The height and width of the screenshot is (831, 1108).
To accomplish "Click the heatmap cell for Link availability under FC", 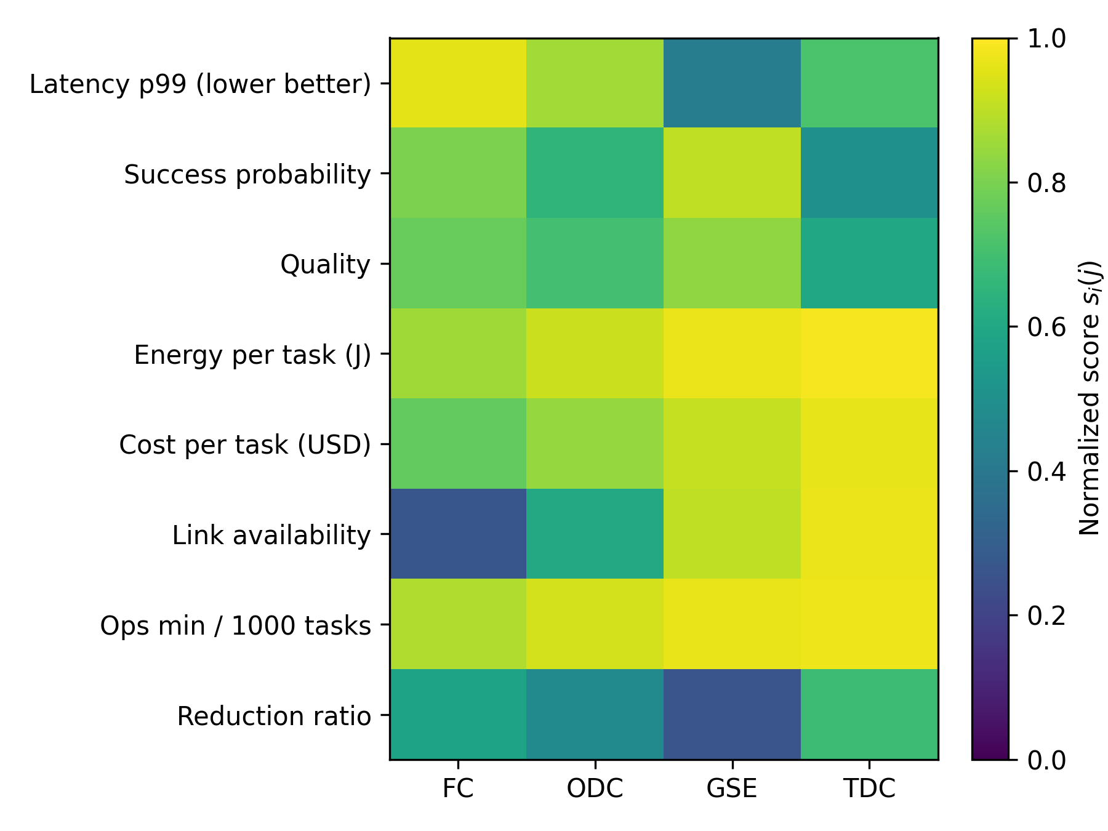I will [458, 534].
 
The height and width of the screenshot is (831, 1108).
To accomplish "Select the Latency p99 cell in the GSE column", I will [732, 83].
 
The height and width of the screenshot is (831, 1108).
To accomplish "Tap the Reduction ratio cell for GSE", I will [732, 714].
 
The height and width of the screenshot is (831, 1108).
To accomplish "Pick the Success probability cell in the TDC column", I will [869, 173].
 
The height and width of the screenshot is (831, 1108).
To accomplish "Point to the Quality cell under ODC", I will [595, 263].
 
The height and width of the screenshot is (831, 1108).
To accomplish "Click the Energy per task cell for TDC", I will [869, 353].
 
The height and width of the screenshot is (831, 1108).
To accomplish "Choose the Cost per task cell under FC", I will [458, 444].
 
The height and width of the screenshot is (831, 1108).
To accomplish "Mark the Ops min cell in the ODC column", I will [595, 624].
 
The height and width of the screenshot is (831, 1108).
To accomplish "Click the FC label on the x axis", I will [458, 789].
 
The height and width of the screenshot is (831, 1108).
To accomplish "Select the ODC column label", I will [595, 789].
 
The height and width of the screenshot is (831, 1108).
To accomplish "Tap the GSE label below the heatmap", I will [732, 789].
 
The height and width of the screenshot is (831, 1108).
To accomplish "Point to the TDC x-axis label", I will [869, 789].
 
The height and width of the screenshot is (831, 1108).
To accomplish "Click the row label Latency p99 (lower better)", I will [200, 84].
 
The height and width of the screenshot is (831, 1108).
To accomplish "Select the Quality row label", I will [326, 265].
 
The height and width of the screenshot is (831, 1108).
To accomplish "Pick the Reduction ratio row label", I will [274, 716].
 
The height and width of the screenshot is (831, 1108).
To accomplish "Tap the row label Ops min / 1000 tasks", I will [236, 626].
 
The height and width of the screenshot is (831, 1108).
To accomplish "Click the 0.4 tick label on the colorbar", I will [1046, 472].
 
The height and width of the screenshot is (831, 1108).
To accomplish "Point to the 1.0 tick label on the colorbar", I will [1046, 39].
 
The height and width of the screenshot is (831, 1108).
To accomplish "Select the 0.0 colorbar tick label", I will [1046, 760].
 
